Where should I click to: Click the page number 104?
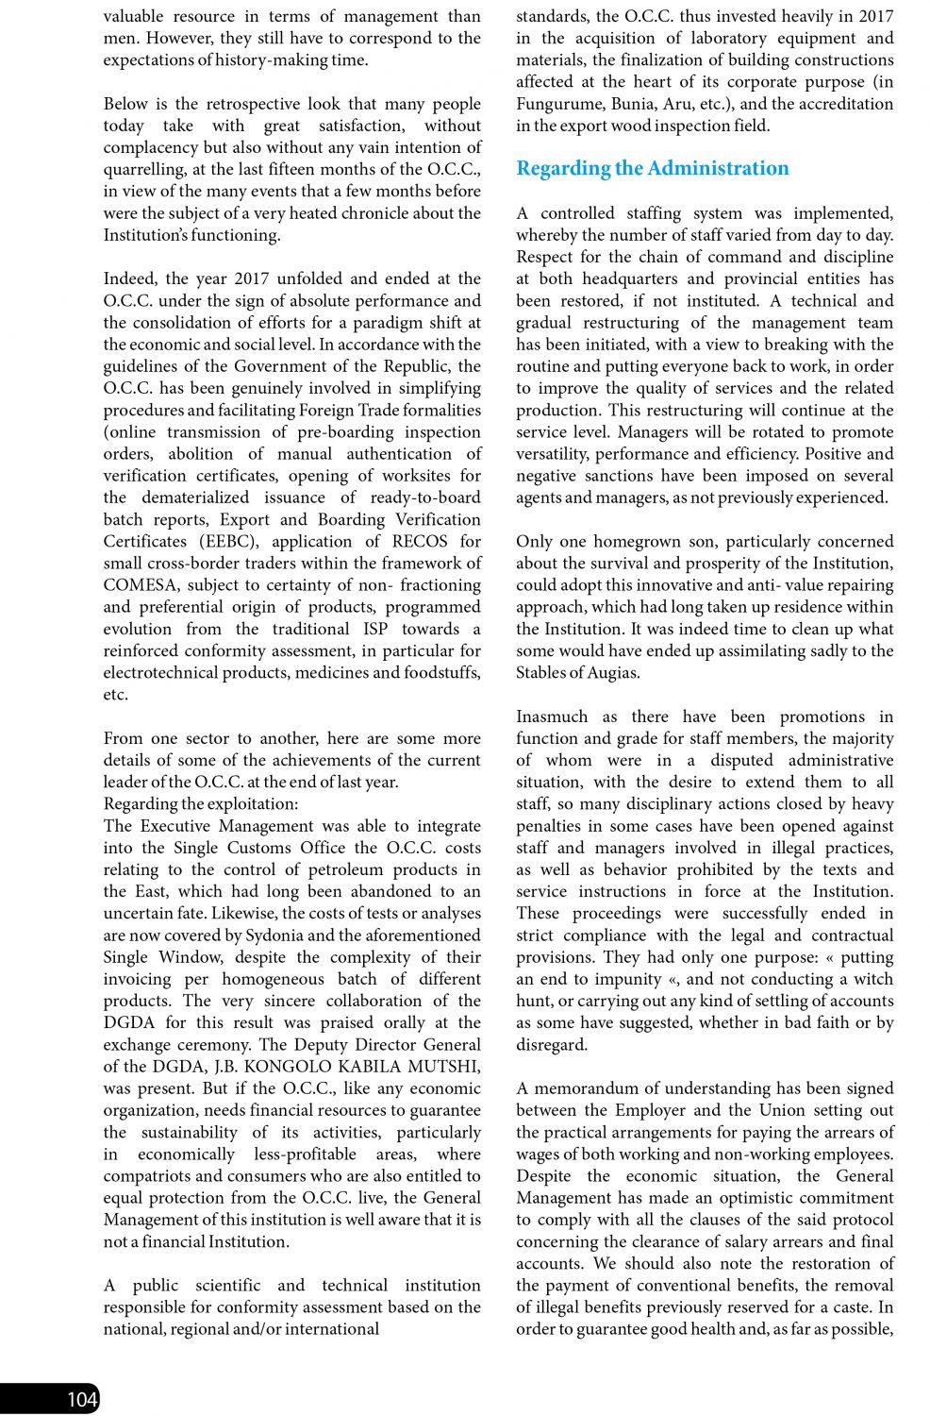coord(82,1399)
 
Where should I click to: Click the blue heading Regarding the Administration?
coord(652,168)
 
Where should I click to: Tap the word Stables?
coord(542,673)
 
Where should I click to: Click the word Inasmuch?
coord(552,716)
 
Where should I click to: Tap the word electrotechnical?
coord(162,673)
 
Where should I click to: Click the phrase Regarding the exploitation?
coord(201,804)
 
